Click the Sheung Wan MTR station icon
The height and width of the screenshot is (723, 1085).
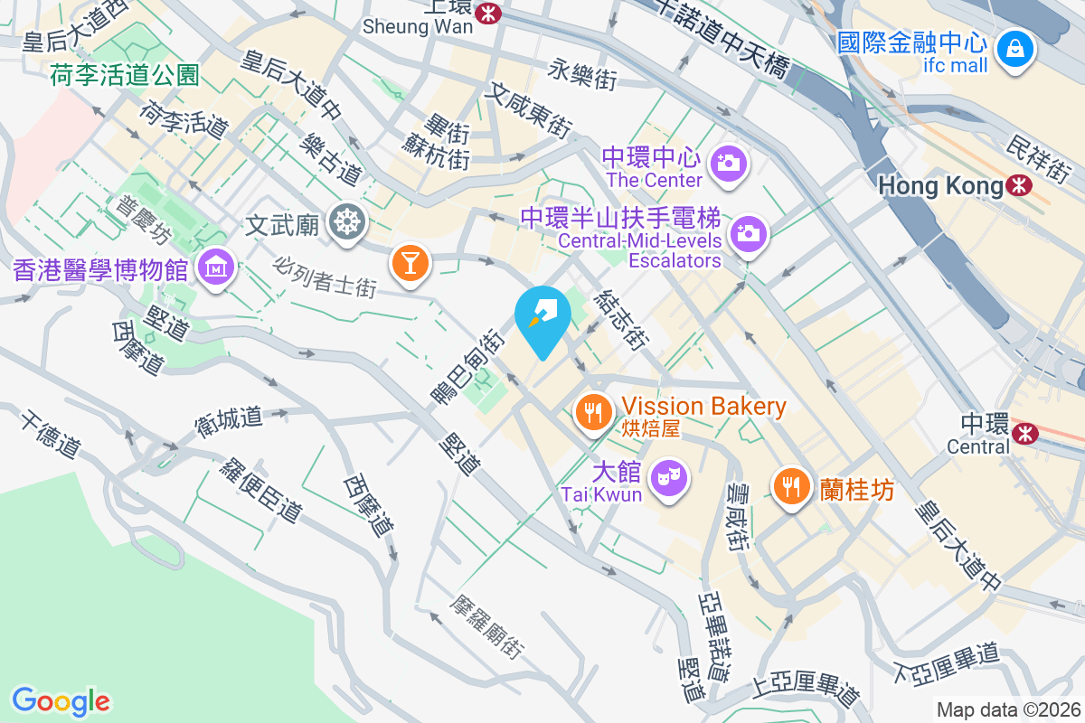(x=490, y=13)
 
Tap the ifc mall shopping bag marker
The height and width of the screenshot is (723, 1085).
(x=1015, y=50)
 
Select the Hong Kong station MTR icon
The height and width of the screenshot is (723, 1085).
(x=1020, y=186)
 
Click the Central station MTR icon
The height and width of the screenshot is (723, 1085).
(x=1025, y=434)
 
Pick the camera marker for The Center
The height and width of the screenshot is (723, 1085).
(x=728, y=162)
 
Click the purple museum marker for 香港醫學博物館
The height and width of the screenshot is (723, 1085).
(x=217, y=267)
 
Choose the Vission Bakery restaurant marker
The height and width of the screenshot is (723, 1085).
(x=593, y=414)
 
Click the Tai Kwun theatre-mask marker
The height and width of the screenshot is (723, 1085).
(x=670, y=475)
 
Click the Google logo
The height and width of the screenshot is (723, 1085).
(x=61, y=701)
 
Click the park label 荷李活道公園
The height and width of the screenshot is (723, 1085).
(x=125, y=74)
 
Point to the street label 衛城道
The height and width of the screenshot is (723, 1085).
(x=229, y=418)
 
